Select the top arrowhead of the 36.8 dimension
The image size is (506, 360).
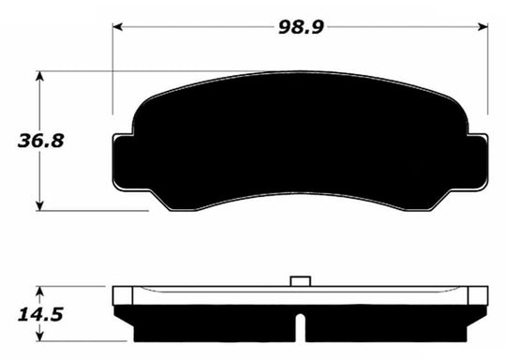tap(39, 73)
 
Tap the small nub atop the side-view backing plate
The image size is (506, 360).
tap(300, 280)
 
